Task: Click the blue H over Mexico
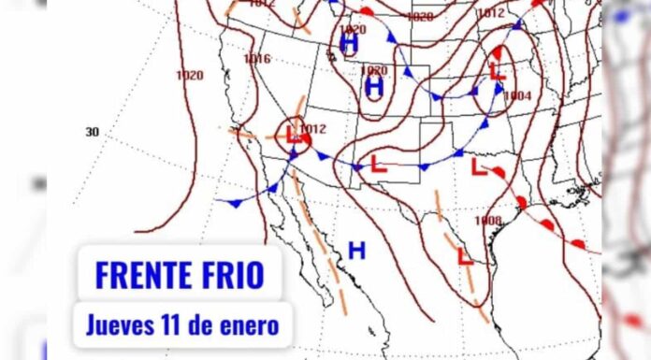[356, 250]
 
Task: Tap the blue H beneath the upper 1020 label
[350, 44]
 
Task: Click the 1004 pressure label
[516, 95]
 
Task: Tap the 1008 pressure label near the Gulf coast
[487, 221]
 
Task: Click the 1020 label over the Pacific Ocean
[189, 75]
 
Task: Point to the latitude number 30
[93, 132]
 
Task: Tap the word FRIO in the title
[228, 275]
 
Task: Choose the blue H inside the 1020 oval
[374, 87]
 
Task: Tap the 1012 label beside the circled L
[313, 129]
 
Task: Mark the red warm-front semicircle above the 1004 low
[497, 51]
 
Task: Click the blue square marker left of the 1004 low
[474, 91]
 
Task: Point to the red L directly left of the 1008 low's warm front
[478, 169]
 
